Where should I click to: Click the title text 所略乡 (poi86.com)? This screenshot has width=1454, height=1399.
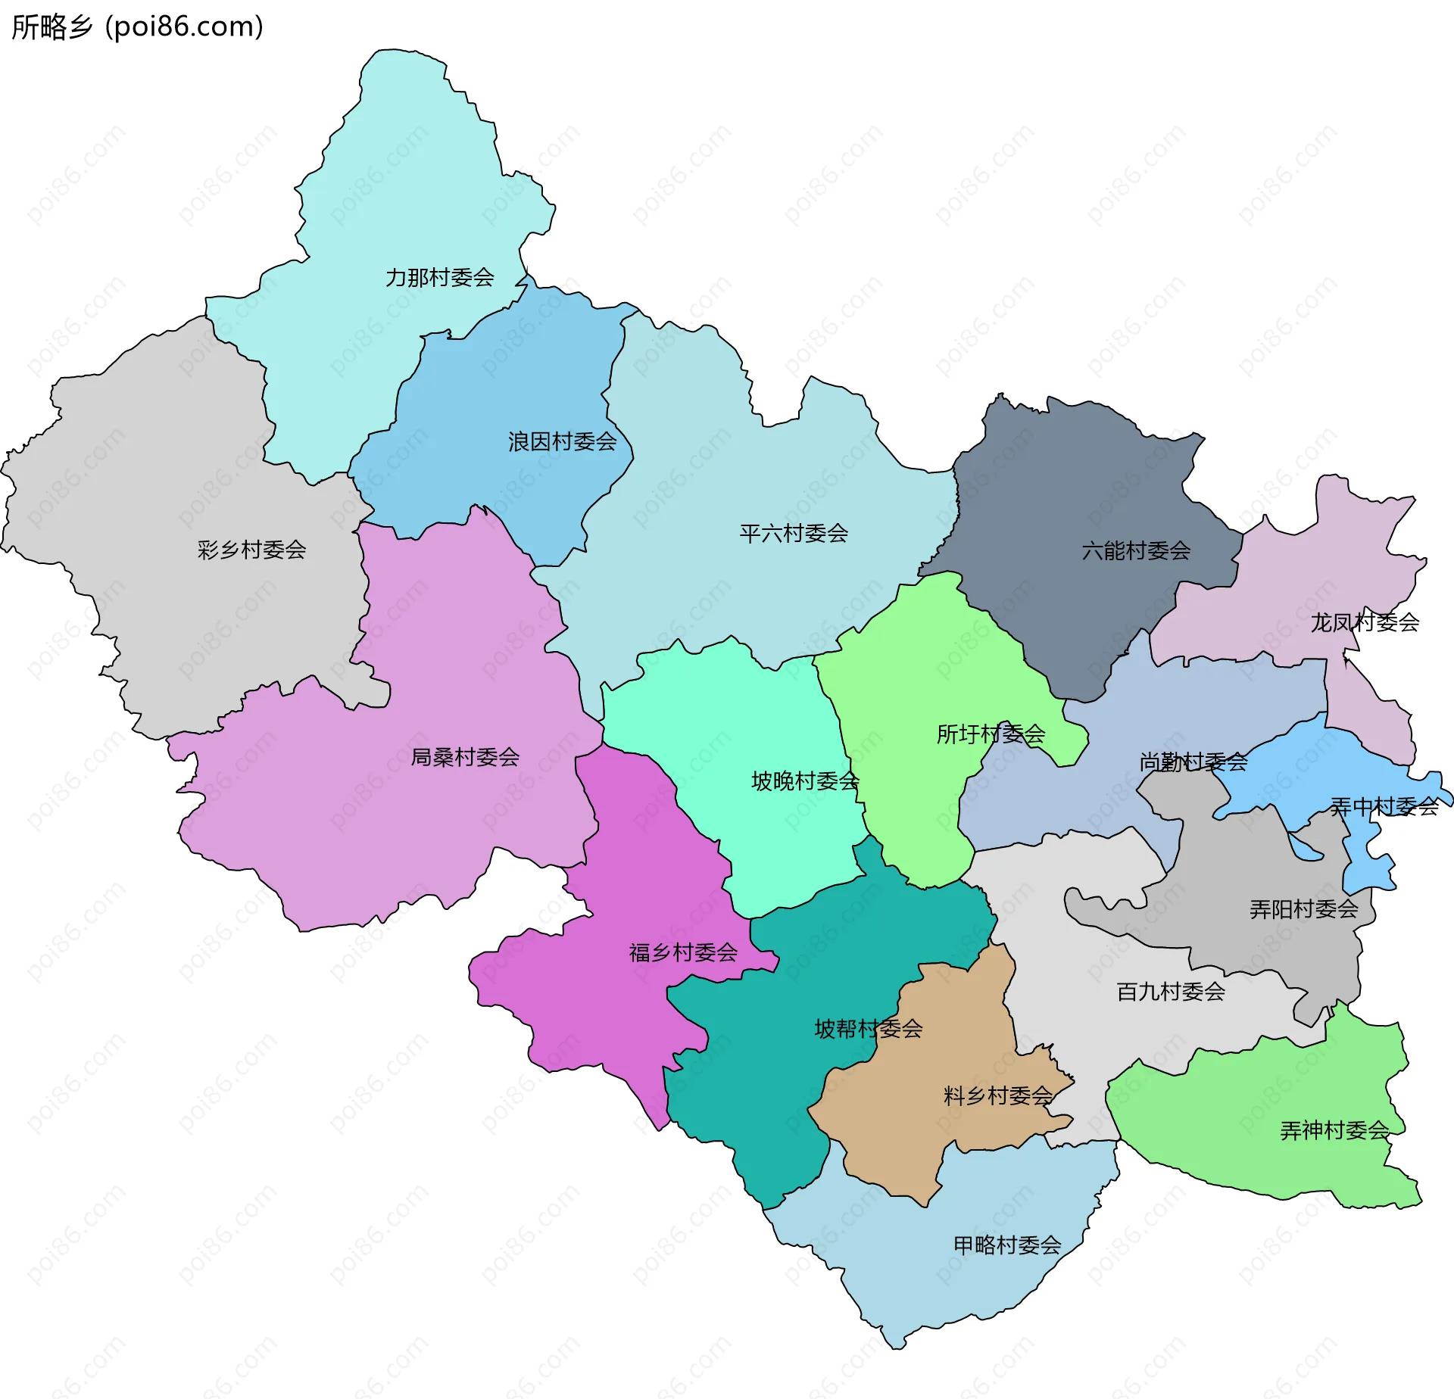pyautogui.click(x=137, y=26)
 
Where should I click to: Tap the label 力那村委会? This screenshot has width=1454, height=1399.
pyautogui.click(x=439, y=278)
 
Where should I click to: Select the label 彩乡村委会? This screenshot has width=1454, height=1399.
pyautogui.click(x=251, y=550)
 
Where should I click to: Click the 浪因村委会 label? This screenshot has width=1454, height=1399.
pyautogui.click(x=562, y=441)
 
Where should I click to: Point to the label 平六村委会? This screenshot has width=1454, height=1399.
pyautogui.click(x=794, y=534)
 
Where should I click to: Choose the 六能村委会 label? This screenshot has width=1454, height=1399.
pyautogui.click(x=1136, y=551)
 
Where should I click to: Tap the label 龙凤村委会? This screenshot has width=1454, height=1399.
pyautogui.click(x=1365, y=622)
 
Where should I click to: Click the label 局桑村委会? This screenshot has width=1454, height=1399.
pyautogui.click(x=465, y=757)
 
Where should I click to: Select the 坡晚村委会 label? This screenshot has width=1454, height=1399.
pyautogui.click(x=805, y=781)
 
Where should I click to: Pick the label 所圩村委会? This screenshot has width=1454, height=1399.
pyautogui.click(x=991, y=734)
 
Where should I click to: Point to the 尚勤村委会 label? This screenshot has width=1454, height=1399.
pyautogui.click(x=1193, y=762)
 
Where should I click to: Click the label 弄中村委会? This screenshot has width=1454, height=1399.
pyautogui.click(x=1384, y=807)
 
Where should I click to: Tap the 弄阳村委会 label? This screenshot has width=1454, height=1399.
pyautogui.click(x=1304, y=909)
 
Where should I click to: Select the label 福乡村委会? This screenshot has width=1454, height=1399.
pyautogui.click(x=683, y=952)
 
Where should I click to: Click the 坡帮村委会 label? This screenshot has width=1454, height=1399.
pyautogui.click(x=869, y=1029)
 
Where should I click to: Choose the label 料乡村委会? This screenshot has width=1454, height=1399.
pyautogui.click(x=998, y=1096)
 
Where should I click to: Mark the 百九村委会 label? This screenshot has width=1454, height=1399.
pyautogui.click(x=1171, y=992)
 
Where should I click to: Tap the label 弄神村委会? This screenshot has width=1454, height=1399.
pyautogui.click(x=1334, y=1131)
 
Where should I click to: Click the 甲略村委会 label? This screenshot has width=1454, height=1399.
pyautogui.click(x=1007, y=1245)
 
